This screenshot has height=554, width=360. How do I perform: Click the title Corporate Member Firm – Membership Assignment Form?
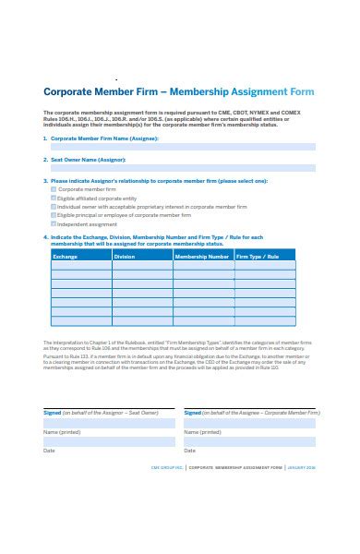[179, 92]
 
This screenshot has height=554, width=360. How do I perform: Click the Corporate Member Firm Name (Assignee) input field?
[183, 147]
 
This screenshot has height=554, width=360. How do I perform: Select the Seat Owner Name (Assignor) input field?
[183, 170]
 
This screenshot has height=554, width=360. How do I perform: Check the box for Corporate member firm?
[54, 188]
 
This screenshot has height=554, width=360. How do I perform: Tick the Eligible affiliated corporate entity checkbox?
[54, 198]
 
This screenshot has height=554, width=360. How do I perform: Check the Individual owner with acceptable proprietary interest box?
[54, 207]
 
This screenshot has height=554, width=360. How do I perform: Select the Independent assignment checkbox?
[54, 224]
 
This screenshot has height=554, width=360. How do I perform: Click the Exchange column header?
[80, 256]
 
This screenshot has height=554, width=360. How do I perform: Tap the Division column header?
[142, 256]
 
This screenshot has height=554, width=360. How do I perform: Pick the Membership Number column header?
[203, 256]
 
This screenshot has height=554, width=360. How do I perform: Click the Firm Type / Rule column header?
[265, 256]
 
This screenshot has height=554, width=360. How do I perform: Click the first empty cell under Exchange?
[80, 266]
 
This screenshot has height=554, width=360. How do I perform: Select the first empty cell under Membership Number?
[203, 266]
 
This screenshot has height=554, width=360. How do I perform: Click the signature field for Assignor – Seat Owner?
[109, 423]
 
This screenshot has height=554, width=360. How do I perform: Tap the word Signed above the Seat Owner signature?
[53, 413]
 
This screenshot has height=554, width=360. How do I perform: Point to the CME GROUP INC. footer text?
[167, 467]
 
